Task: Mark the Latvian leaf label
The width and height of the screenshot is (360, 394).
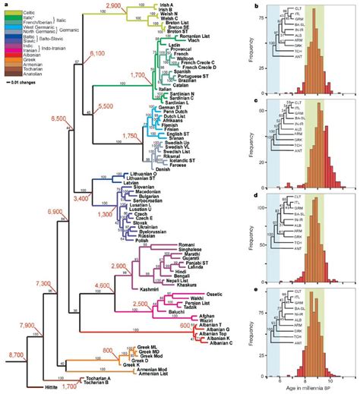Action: pos(154,182)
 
